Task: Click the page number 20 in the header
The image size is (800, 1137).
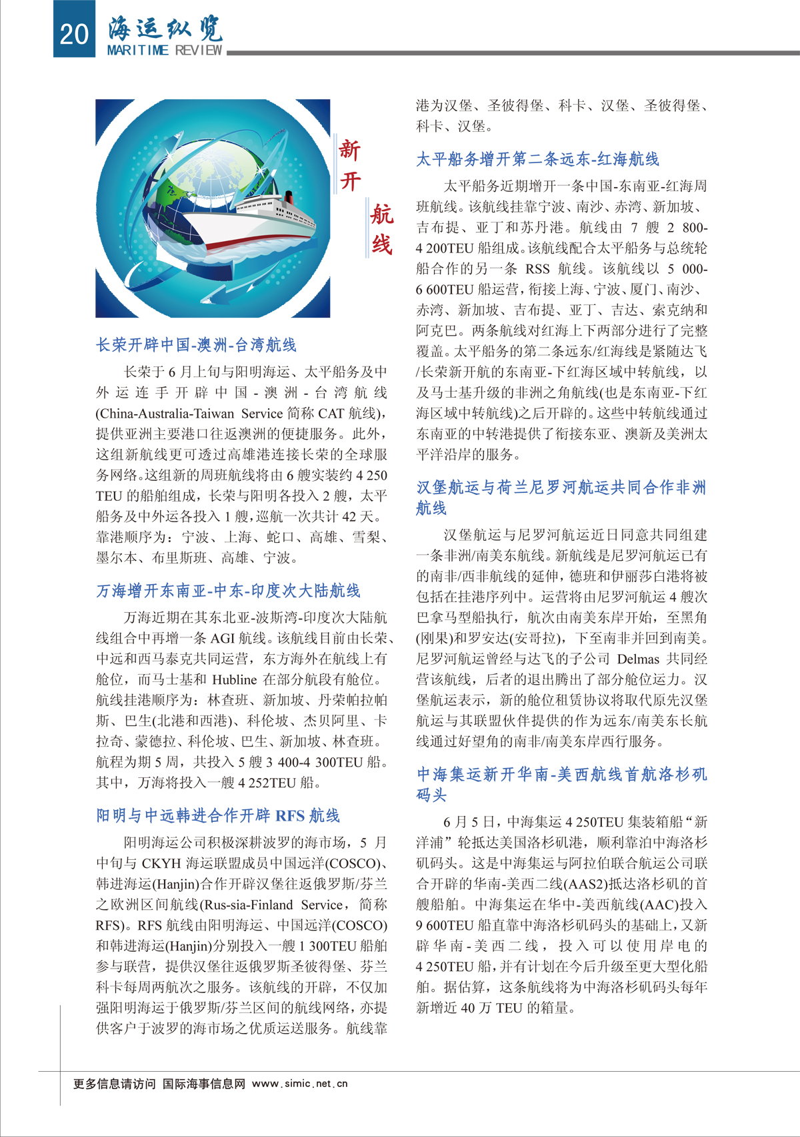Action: (74, 34)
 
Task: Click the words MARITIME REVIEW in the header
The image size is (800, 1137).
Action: (164, 51)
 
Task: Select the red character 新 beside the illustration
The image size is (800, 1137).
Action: (349, 149)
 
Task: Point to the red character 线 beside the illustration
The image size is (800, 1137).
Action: (381, 244)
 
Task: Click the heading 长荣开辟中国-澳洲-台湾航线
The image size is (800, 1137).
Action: (196, 344)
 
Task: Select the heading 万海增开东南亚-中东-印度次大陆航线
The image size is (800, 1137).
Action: (228, 591)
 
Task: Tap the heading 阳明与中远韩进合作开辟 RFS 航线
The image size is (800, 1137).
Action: (218, 815)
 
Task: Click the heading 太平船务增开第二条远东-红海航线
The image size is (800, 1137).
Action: (537, 159)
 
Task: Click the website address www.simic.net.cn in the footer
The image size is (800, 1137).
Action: (300, 1084)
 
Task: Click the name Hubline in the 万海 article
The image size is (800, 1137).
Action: (235, 680)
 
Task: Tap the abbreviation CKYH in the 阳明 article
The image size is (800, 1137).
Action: (161, 863)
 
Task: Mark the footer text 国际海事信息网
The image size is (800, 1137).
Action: (204, 1084)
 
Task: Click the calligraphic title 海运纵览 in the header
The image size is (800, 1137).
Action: (165, 28)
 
